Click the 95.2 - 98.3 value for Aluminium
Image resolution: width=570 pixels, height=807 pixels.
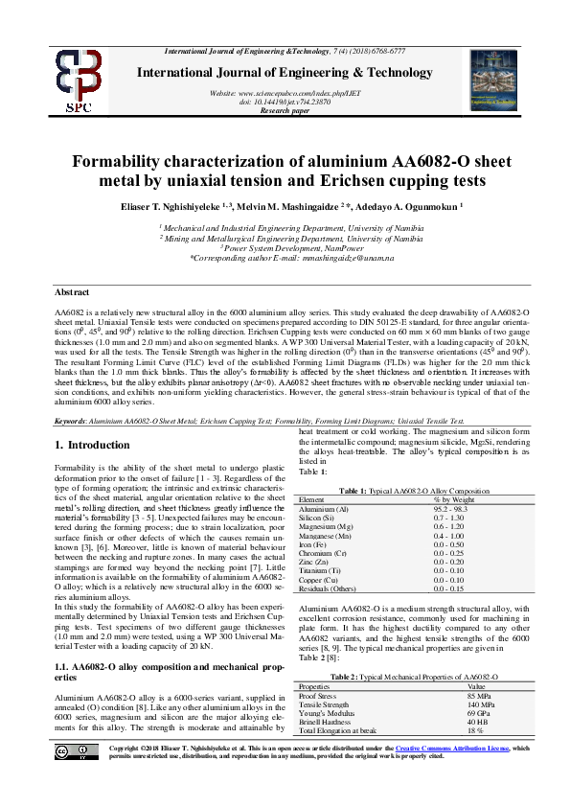[453, 509]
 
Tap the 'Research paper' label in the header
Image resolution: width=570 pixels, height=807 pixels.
[285, 109]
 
